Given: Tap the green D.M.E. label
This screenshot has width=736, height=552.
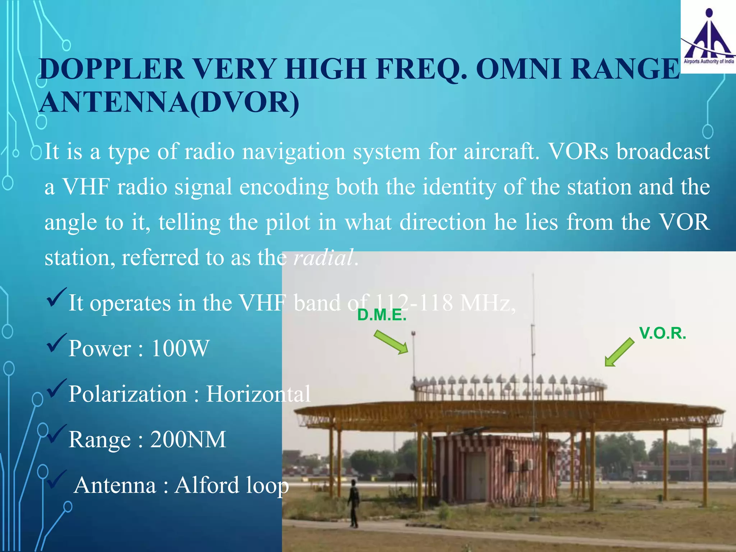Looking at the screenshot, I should pos(382,315).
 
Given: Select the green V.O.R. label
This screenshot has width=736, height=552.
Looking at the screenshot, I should pos(662,333).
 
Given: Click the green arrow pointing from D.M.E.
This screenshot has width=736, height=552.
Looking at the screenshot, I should pos(391,342).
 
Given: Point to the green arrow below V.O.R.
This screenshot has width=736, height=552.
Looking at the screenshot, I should pos(619,353).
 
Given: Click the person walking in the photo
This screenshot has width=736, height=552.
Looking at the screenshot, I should pos(353,503).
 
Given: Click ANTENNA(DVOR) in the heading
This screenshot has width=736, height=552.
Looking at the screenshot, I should pos(169,103).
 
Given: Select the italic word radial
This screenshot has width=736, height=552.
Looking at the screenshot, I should pos(323,258).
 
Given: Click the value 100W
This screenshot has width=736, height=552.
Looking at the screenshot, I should pos(180,348).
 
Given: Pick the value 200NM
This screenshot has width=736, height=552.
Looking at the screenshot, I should pos(188,439).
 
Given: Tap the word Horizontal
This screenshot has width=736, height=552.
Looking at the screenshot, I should pos(258,394).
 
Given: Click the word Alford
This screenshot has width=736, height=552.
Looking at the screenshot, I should pos(207,485).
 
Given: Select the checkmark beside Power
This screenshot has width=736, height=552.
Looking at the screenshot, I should pos(56,343).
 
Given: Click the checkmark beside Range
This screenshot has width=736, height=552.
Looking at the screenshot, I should pos(56,434).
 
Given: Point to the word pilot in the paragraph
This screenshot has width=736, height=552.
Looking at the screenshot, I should pos(287,222).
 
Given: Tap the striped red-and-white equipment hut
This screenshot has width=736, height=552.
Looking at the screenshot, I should pos(496,467).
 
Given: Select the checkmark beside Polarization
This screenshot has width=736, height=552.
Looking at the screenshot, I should pos(56,388).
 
